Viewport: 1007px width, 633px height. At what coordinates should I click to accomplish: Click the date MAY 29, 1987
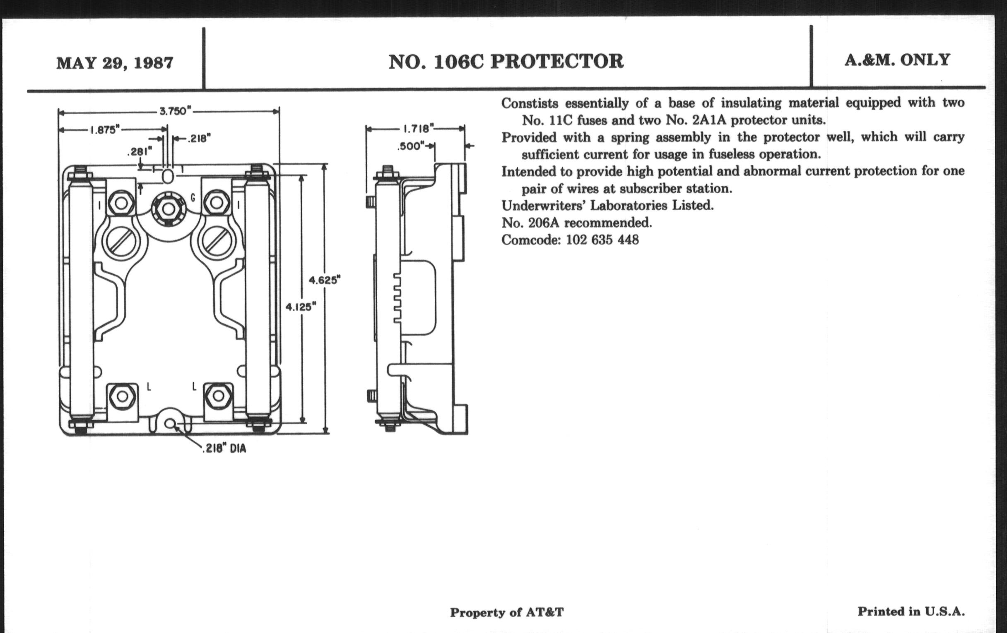(115, 63)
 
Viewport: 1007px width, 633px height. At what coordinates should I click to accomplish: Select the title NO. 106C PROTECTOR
(506, 61)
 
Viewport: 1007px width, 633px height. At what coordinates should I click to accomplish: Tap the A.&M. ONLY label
(897, 60)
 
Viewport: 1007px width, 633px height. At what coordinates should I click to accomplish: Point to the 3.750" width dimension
(175, 111)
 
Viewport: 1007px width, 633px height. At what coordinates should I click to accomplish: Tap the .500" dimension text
(411, 146)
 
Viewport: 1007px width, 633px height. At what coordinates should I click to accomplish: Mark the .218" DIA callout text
(224, 449)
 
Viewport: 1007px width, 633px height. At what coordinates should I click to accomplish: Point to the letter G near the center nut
(193, 198)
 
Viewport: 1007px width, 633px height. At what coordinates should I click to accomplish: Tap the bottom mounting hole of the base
(169, 424)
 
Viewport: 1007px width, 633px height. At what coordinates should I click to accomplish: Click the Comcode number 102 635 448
(602, 240)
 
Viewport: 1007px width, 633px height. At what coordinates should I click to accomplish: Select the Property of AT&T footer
(506, 613)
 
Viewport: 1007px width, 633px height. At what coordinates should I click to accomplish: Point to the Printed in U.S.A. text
(911, 611)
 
